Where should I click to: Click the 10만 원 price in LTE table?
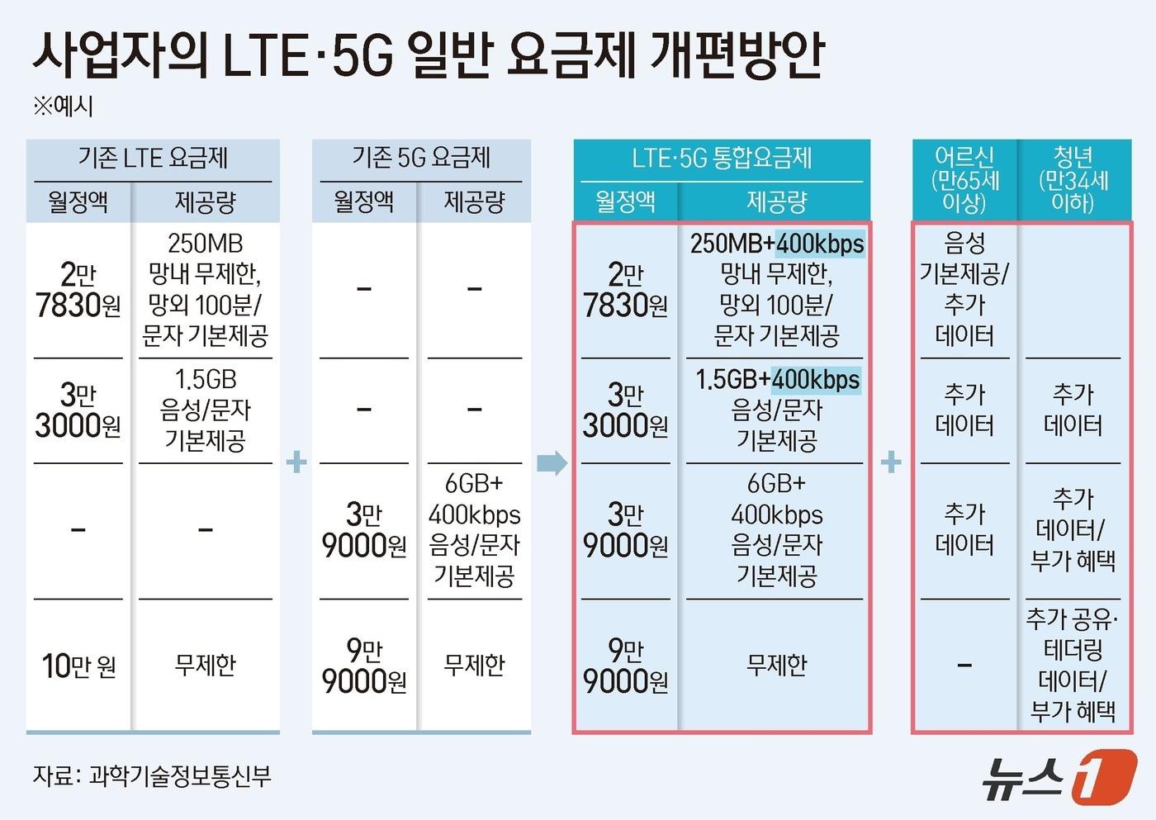point(78,666)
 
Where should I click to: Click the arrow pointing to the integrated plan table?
point(552,462)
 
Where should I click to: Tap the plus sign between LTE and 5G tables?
point(296,462)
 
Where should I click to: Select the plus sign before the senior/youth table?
point(891,462)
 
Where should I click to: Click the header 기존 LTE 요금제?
point(153,158)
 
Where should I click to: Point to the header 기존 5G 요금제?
point(421,158)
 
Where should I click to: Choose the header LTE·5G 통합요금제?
point(722,158)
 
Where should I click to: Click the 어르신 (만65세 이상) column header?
point(964,180)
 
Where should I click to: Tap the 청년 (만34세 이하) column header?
point(1073,180)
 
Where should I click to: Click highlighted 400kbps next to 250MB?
point(820,244)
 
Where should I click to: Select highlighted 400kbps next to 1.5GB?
point(816,380)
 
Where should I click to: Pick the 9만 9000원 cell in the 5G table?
point(364,666)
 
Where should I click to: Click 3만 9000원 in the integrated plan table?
point(625,530)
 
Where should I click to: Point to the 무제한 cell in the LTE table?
point(206,665)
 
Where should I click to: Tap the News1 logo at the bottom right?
point(1059,776)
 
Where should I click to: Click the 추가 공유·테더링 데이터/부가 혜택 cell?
point(1073,665)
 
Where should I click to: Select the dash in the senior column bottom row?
point(964,665)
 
